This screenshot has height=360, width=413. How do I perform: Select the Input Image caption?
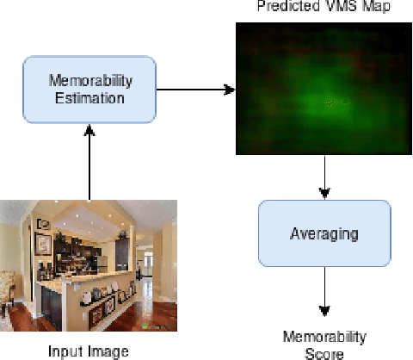tap(89, 350)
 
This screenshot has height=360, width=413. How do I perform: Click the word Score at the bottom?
tap(326, 353)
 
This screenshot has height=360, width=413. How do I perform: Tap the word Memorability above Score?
tap(326, 337)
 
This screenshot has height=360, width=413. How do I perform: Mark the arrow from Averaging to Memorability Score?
tap(323, 293)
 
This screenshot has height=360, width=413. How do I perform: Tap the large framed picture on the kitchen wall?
tap(43, 242)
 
